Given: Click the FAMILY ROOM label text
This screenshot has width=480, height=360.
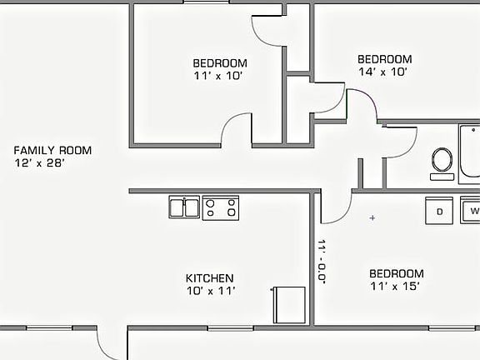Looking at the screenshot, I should coord(52,151).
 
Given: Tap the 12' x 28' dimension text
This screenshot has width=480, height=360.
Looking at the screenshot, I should coord(40,163).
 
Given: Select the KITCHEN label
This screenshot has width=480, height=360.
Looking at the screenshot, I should coord(209,278).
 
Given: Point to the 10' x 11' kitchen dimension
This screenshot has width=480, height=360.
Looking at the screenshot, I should coord(211,291).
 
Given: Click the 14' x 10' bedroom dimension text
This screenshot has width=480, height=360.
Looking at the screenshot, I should coord(384,72).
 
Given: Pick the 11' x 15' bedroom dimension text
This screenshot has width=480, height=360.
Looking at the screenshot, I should coord(396,286).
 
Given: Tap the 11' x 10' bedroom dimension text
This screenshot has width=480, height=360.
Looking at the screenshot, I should coord(219,75).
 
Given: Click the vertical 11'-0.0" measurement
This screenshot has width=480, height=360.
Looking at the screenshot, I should coord(322,262).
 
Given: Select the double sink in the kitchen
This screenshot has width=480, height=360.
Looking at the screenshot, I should coord(183,207).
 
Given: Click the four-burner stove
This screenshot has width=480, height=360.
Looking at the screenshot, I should coord(221,207).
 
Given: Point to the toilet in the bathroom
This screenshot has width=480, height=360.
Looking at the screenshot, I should coord(442,161).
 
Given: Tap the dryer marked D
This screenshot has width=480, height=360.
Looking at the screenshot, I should coord(439,211).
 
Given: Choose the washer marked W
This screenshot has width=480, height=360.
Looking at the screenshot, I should coord(472,211).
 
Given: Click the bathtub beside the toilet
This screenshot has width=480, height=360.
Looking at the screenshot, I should coord(469,152).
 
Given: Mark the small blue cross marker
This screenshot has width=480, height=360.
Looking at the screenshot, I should coord(372,218).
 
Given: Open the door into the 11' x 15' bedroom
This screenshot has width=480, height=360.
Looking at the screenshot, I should coord(335,208).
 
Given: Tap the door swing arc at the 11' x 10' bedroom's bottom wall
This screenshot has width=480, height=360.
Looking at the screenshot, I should coord(235,129).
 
